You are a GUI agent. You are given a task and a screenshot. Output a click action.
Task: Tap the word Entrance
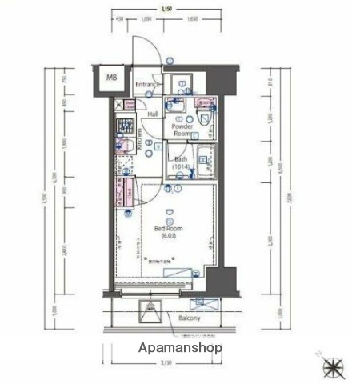click(x=146, y=85)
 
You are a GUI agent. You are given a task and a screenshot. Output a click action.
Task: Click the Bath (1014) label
click(x=181, y=162)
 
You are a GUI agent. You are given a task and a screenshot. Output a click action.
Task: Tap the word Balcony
click(x=189, y=318)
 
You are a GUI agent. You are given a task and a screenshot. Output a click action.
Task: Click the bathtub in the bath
click(x=206, y=161)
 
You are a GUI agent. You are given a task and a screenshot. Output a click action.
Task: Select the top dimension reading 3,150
click(x=166, y=8)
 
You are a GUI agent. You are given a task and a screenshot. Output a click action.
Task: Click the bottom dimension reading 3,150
click(x=166, y=364)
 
